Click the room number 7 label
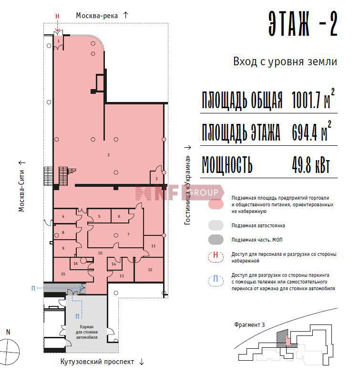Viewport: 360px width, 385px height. point(128,234)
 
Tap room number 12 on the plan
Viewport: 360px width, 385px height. point(150,270)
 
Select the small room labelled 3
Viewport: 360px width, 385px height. point(156,179)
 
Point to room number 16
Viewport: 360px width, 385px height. point(75,263)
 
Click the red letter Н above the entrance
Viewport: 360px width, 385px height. point(57,17)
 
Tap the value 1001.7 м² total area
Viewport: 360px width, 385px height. point(313,99)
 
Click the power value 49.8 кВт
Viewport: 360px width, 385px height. point(311,164)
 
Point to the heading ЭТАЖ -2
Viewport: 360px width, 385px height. point(303,24)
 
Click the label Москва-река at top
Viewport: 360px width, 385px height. point(97,16)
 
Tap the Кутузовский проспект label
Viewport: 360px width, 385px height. point(97,362)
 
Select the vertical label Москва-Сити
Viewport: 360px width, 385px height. point(21,191)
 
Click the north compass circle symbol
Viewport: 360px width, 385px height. point(9,351)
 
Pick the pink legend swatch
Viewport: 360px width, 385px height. point(216,204)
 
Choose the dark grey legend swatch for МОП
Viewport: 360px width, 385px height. point(216,240)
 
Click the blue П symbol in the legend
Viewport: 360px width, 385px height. point(216,279)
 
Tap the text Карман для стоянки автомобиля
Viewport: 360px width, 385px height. point(86,332)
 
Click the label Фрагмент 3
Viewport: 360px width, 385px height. point(249,325)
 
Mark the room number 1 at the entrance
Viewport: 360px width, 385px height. point(59,41)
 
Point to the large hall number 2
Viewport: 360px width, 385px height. point(108,155)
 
